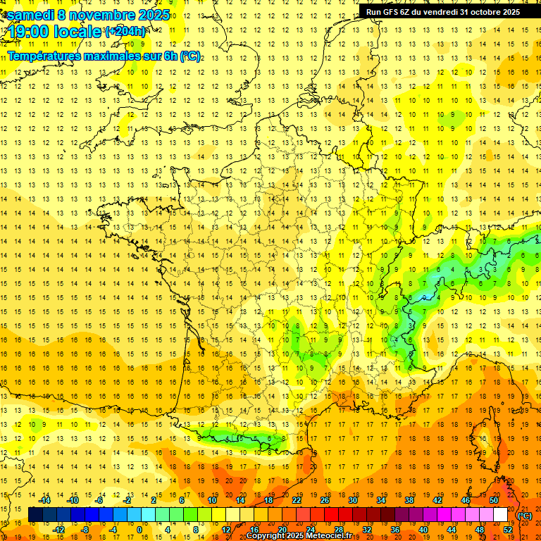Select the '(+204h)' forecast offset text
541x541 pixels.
point(125,31)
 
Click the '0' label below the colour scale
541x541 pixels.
point(139,530)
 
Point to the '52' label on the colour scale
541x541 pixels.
point(508,530)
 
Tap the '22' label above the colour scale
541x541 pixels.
point(297,500)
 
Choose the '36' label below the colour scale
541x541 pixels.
point(395,530)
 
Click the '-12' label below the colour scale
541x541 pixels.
point(59,530)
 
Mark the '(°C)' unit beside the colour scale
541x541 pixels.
point(525,515)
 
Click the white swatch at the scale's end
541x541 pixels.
point(501,515)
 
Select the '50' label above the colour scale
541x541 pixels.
point(494,500)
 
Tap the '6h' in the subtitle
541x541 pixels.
point(169,56)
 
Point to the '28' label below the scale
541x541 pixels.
point(339,530)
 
